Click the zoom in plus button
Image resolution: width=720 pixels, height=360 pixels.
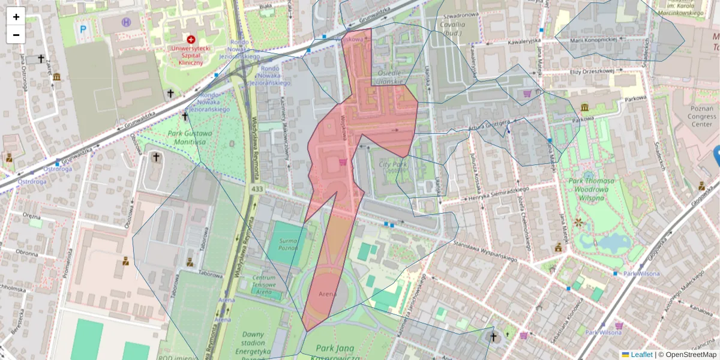click(16, 17)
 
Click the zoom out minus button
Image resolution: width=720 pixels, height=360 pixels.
click(16, 34)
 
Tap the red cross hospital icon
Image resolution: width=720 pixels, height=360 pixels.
click(191, 39)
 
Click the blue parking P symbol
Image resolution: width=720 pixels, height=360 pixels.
click(83, 28)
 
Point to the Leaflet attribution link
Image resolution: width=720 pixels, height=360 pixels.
click(641, 355)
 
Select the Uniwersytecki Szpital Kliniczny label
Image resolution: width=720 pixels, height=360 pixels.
click(186, 55)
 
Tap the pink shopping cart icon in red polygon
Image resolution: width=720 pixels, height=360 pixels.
click(343, 162)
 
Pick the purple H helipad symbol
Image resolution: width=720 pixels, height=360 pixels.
click(126, 22)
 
